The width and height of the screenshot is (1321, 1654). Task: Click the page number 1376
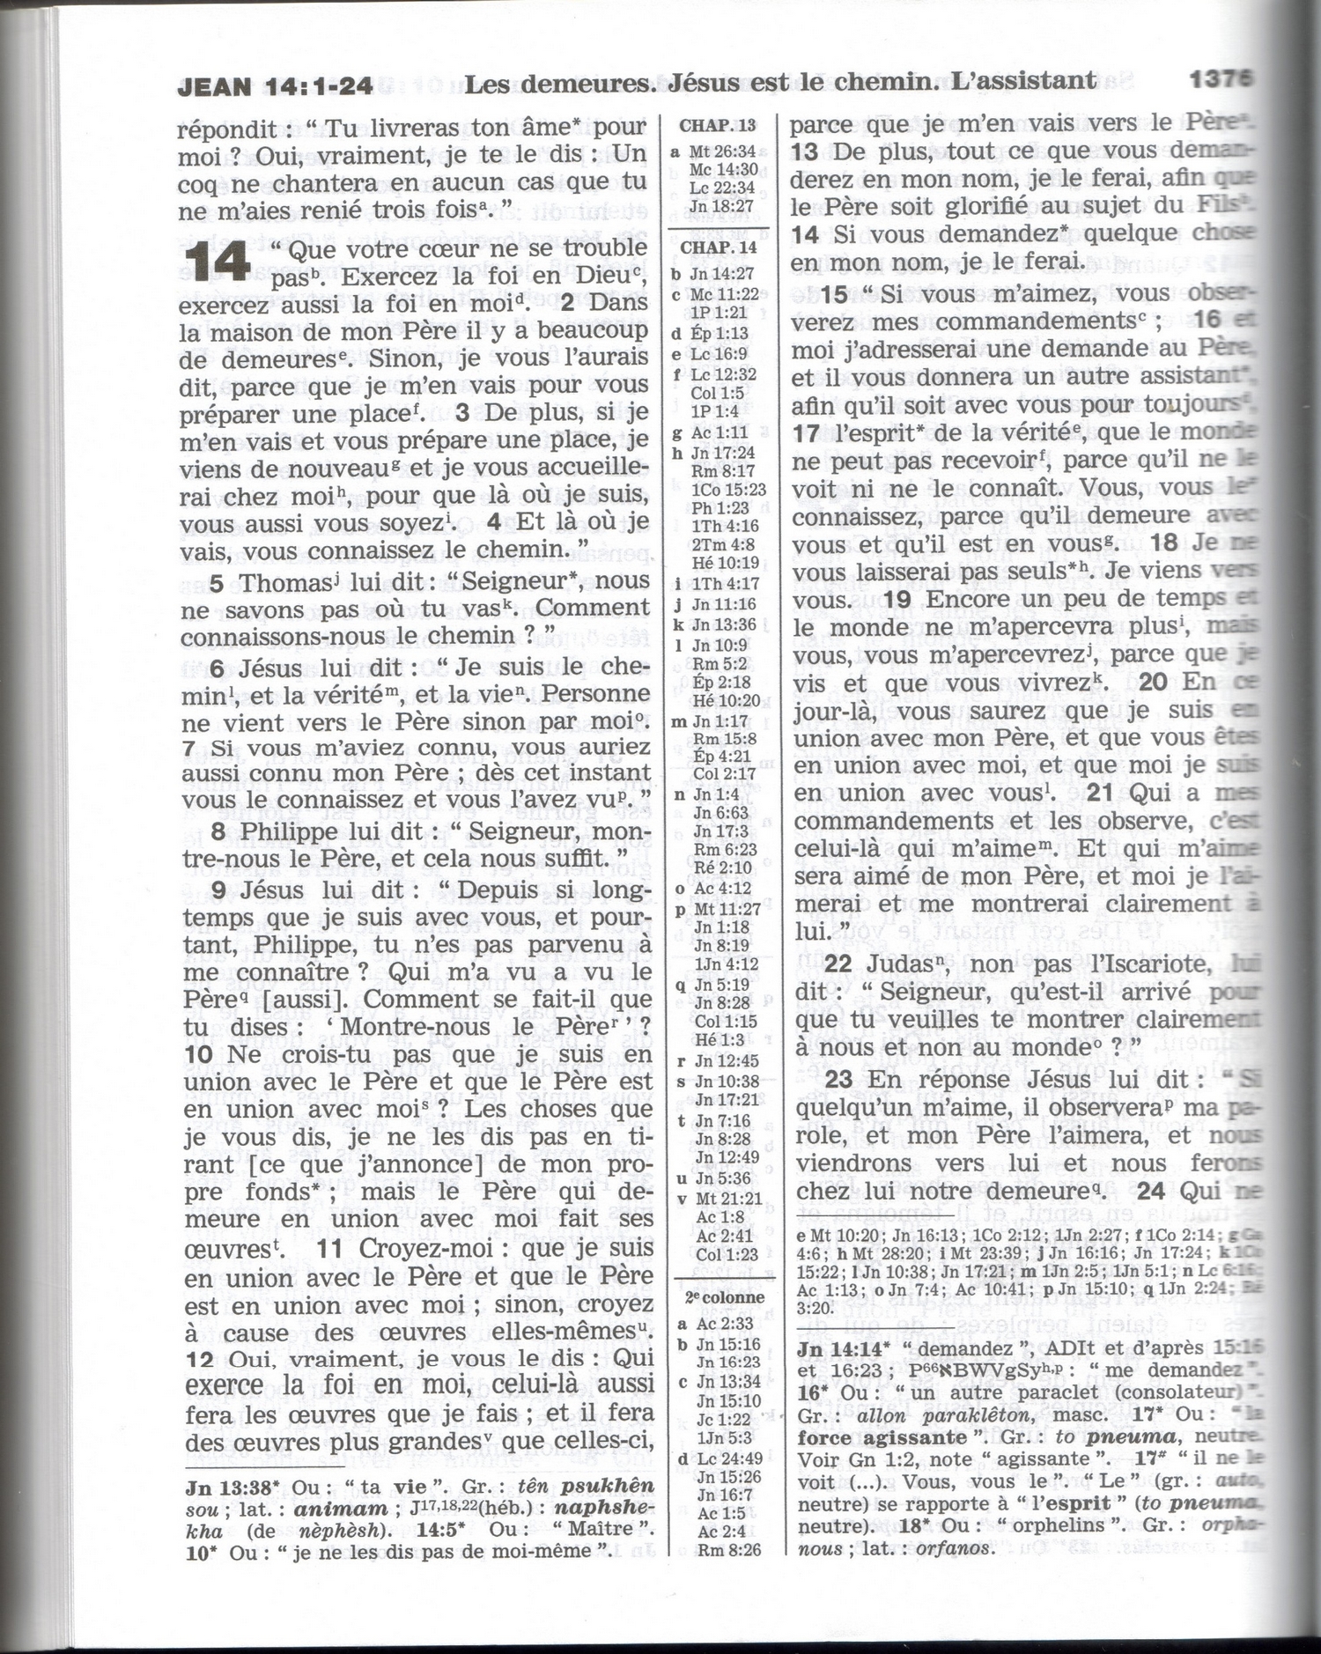tap(1221, 79)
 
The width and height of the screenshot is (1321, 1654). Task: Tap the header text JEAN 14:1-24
tap(275, 86)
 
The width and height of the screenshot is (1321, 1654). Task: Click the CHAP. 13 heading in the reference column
tap(718, 125)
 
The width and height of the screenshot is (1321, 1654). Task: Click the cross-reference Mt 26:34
tap(722, 151)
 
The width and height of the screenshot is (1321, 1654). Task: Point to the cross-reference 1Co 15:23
tap(728, 489)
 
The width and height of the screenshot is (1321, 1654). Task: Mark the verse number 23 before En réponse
tap(839, 1079)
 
